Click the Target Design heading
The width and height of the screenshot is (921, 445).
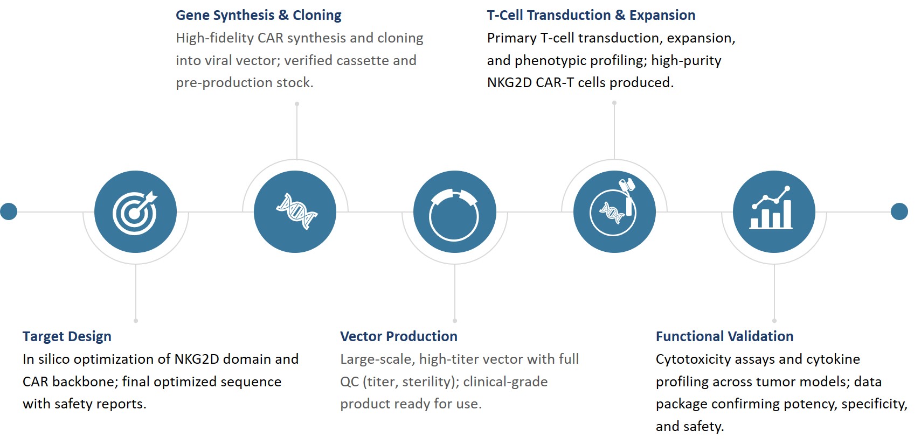[x=67, y=336]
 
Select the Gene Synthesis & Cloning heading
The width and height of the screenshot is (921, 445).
[x=258, y=15]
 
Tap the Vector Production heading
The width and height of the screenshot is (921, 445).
[x=398, y=336]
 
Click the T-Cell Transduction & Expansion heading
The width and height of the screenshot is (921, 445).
[x=591, y=15]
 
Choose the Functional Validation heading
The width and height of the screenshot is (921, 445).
[x=724, y=336]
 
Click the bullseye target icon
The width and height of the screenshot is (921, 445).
[x=135, y=212]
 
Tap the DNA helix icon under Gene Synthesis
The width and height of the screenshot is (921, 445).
[x=295, y=212]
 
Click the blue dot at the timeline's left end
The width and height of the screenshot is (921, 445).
[x=9, y=211]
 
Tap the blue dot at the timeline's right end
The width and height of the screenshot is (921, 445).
[x=899, y=211]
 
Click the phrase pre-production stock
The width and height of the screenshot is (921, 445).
[x=244, y=82]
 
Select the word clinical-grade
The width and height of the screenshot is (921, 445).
[x=505, y=382]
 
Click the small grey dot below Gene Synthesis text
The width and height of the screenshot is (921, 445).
[x=297, y=104]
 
